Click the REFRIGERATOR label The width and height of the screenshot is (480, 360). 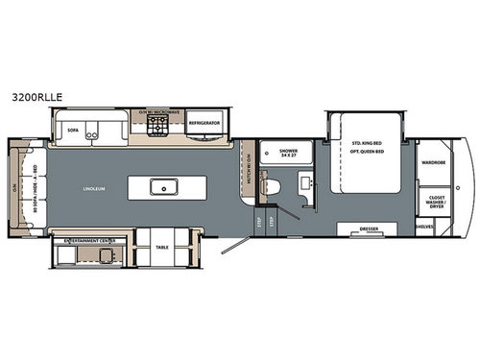(204, 123)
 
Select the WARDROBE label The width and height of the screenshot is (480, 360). (433, 163)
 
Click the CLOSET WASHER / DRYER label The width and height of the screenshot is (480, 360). (433, 204)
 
